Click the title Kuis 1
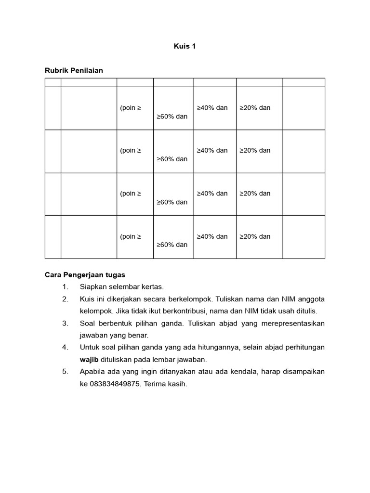(x=185, y=46)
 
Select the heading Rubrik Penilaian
(x=74, y=70)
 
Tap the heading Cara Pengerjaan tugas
(x=85, y=275)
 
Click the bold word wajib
(x=89, y=359)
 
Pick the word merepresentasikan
(x=293, y=323)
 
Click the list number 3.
(x=65, y=323)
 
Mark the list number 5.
(x=65, y=372)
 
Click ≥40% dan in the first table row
(x=212, y=108)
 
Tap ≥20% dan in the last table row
(x=255, y=236)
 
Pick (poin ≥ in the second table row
(x=131, y=150)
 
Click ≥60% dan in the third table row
(x=172, y=202)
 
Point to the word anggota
(x=310, y=299)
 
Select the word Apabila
(x=93, y=372)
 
